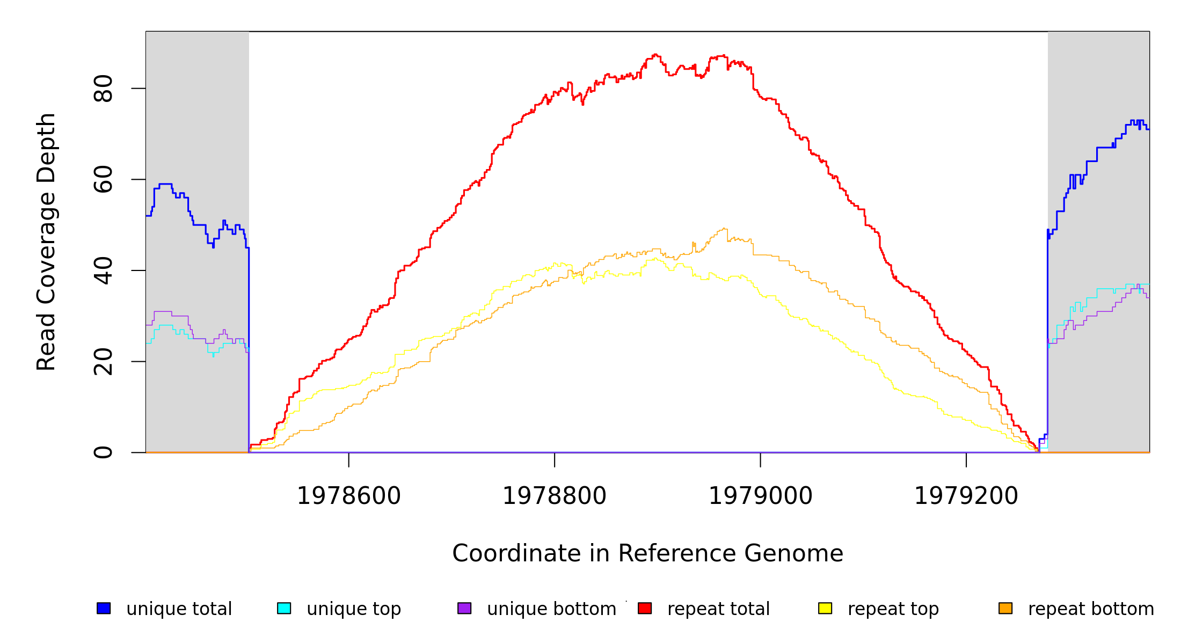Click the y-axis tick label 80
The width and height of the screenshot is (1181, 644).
(103, 89)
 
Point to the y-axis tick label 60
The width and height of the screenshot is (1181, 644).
(103, 179)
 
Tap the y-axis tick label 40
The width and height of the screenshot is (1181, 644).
(103, 270)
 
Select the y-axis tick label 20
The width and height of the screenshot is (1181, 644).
(103, 361)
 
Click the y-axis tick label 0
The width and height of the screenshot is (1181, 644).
(103, 452)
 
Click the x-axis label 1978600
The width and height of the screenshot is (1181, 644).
(348, 496)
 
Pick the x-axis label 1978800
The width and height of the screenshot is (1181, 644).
(554, 496)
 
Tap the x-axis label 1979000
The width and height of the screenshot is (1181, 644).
(760, 496)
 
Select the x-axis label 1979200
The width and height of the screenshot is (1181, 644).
(966, 496)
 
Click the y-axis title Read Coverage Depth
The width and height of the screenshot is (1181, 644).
(46, 241)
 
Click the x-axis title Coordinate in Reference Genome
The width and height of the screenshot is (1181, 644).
(647, 553)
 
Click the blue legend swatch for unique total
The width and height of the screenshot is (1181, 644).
(104, 608)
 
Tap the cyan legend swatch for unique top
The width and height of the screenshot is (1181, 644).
(284, 608)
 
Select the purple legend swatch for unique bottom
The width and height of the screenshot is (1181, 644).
(464, 608)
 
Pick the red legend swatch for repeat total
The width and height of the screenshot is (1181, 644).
(645, 608)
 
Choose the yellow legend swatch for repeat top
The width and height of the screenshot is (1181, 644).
(825, 608)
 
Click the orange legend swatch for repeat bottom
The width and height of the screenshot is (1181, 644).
(1005, 608)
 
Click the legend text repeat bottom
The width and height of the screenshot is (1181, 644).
(1091, 609)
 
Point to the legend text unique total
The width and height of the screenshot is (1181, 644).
(179, 609)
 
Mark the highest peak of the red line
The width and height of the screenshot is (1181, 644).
(655, 54)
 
